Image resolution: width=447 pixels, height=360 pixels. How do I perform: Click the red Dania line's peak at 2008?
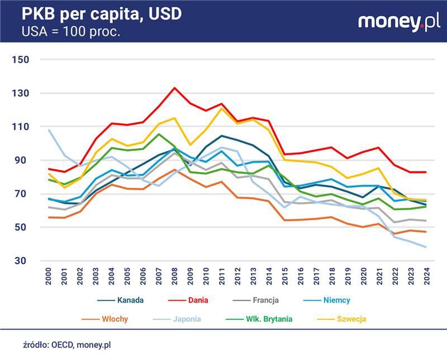175,88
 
